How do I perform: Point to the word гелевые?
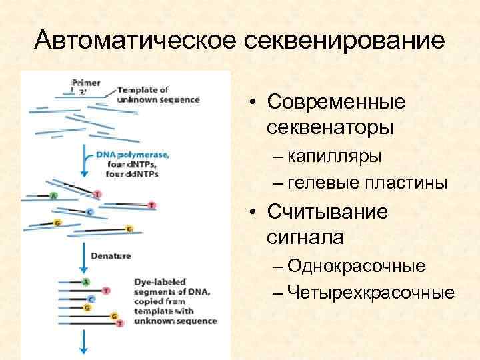pyautogui.click(x=329, y=183)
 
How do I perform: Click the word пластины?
pyautogui.click(x=410, y=183)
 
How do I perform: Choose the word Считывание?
pyautogui.click(x=327, y=213)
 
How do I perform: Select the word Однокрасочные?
pyautogui.click(x=357, y=267)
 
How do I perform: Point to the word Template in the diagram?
pyautogui.click(x=137, y=90)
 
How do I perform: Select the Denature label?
pyautogui.click(x=111, y=255)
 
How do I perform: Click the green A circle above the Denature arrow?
pyautogui.click(x=53, y=196)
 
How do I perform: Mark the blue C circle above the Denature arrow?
pyautogui.click(x=89, y=212)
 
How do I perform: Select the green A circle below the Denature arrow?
pyautogui.click(x=86, y=282)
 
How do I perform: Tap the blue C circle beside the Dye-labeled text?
pyautogui.click(x=91, y=299)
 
